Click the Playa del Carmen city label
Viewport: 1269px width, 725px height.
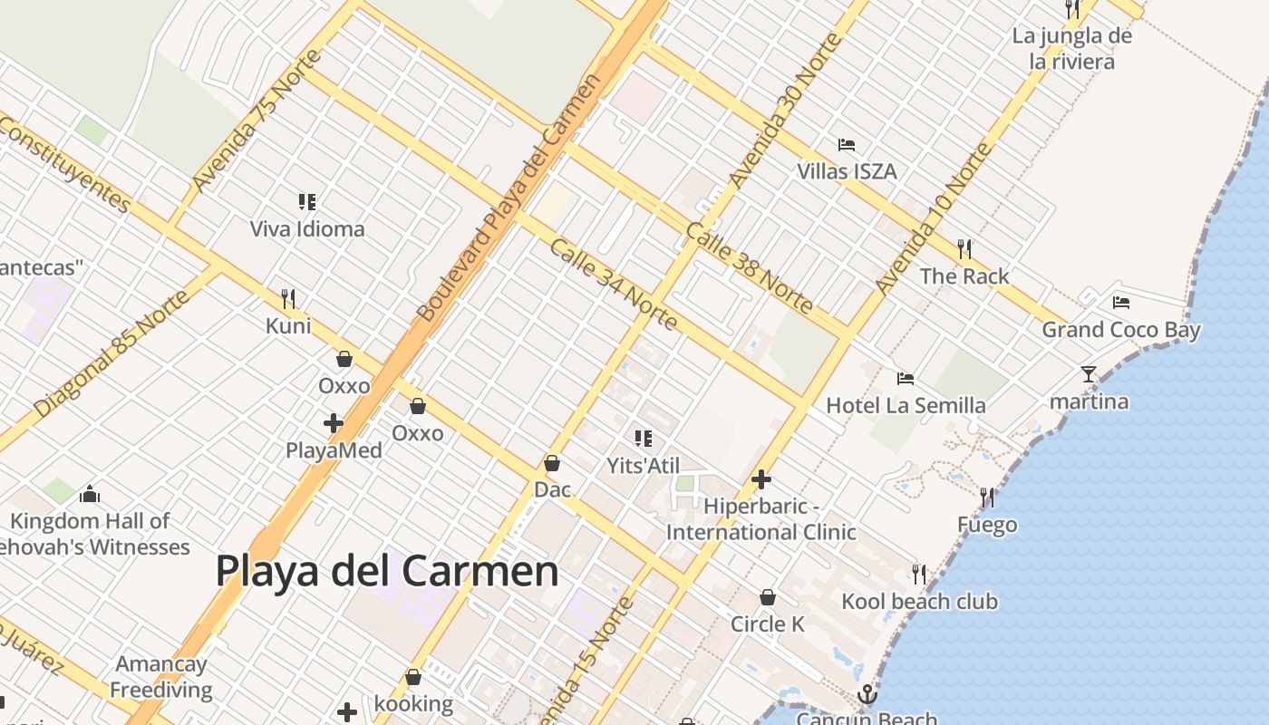[x=387, y=571]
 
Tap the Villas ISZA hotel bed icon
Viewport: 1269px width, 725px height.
[x=847, y=145]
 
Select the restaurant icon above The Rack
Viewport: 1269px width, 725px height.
[x=964, y=248]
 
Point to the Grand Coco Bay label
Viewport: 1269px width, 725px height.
[x=1120, y=330]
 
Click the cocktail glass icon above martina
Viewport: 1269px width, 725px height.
[x=1089, y=373]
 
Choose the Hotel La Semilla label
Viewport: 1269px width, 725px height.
[x=906, y=405]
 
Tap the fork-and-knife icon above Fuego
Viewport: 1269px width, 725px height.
[x=987, y=497]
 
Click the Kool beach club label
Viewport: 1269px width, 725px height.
[x=919, y=601]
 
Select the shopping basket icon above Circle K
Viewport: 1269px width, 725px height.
[x=768, y=597]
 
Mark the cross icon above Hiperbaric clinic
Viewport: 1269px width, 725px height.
[x=761, y=479]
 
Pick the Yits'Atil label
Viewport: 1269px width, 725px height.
[x=643, y=465]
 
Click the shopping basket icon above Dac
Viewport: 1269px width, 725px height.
[x=552, y=464]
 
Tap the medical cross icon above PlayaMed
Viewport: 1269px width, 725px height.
[x=334, y=423]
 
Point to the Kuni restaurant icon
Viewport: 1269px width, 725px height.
[x=288, y=298]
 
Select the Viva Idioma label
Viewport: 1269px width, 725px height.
[x=307, y=228]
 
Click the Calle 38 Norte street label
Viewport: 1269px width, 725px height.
[x=749, y=268]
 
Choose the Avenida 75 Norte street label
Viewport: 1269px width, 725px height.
[x=257, y=121]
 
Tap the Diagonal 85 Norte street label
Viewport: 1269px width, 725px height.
[x=113, y=353]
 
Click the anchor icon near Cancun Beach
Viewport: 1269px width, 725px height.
[x=867, y=695]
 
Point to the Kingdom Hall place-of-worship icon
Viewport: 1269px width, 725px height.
[x=89, y=494]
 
